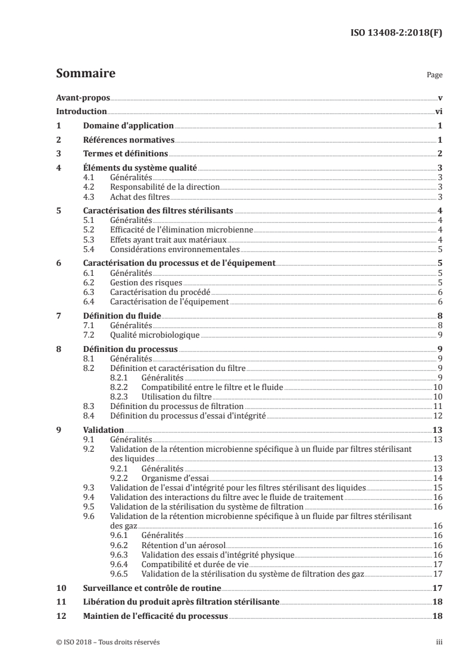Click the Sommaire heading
pos(85,74)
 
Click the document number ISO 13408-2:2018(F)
pos(395,34)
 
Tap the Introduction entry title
pos(82,111)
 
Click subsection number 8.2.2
pos(120,387)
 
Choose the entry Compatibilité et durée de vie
pos(192,565)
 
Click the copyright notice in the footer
pos(108,642)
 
